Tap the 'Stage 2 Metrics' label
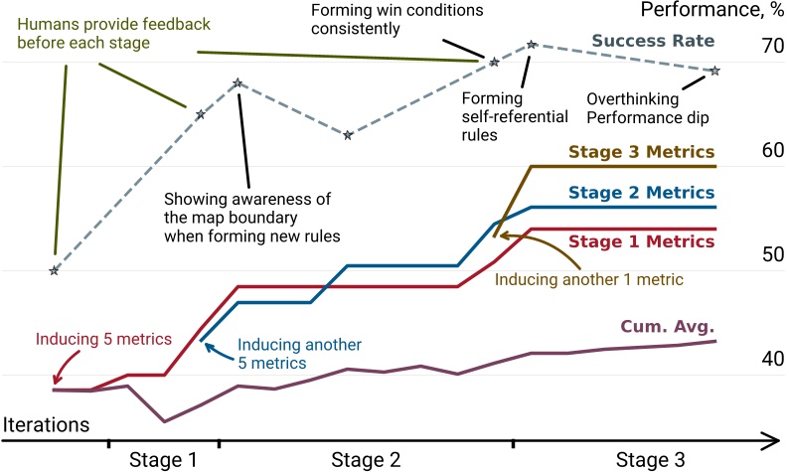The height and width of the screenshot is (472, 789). pyautogui.click(x=642, y=193)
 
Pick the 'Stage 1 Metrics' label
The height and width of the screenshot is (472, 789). pyautogui.click(x=642, y=240)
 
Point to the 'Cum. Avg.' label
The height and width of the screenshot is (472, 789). pyautogui.click(x=667, y=326)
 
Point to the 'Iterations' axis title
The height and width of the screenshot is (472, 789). pyautogui.click(x=46, y=423)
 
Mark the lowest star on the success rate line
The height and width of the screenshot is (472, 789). pyautogui.click(x=54, y=270)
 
